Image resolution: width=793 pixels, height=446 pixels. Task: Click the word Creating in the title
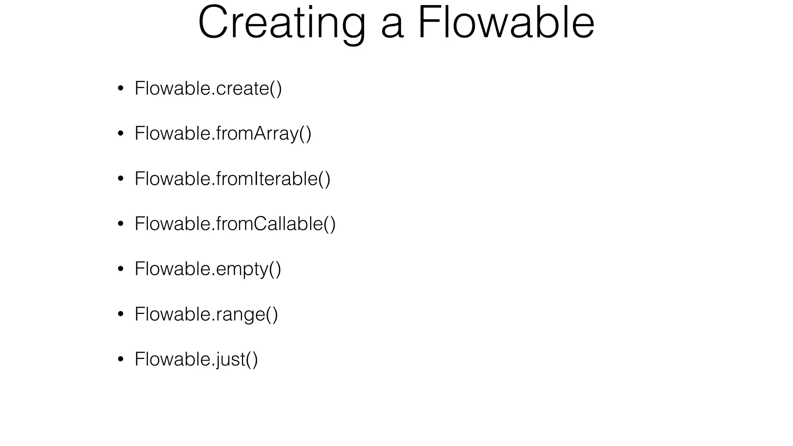[x=281, y=23]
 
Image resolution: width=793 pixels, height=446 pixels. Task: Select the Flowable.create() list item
[x=208, y=88]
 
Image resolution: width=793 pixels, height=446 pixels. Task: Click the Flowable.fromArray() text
[x=223, y=134]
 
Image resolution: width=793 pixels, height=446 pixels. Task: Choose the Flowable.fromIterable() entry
[x=232, y=179]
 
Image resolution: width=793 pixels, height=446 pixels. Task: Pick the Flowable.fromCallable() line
[x=235, y=224]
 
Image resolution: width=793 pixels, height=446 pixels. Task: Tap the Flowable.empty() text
[x=208, y=269]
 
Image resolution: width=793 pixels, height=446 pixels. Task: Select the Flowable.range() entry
[x=206, y=314]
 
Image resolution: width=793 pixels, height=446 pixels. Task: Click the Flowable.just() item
[x=196, y=359]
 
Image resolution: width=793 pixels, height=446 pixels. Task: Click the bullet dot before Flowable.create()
[x=120, y=89]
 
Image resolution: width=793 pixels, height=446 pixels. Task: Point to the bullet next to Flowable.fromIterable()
[x=120, y=179]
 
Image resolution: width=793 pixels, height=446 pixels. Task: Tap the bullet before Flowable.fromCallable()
[x=120, y=224]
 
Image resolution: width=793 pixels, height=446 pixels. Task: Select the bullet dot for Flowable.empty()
[x=120, y=269]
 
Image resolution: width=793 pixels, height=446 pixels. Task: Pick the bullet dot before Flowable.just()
[x=120, y=359]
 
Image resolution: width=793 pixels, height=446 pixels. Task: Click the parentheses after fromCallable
[x=330, y=224]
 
